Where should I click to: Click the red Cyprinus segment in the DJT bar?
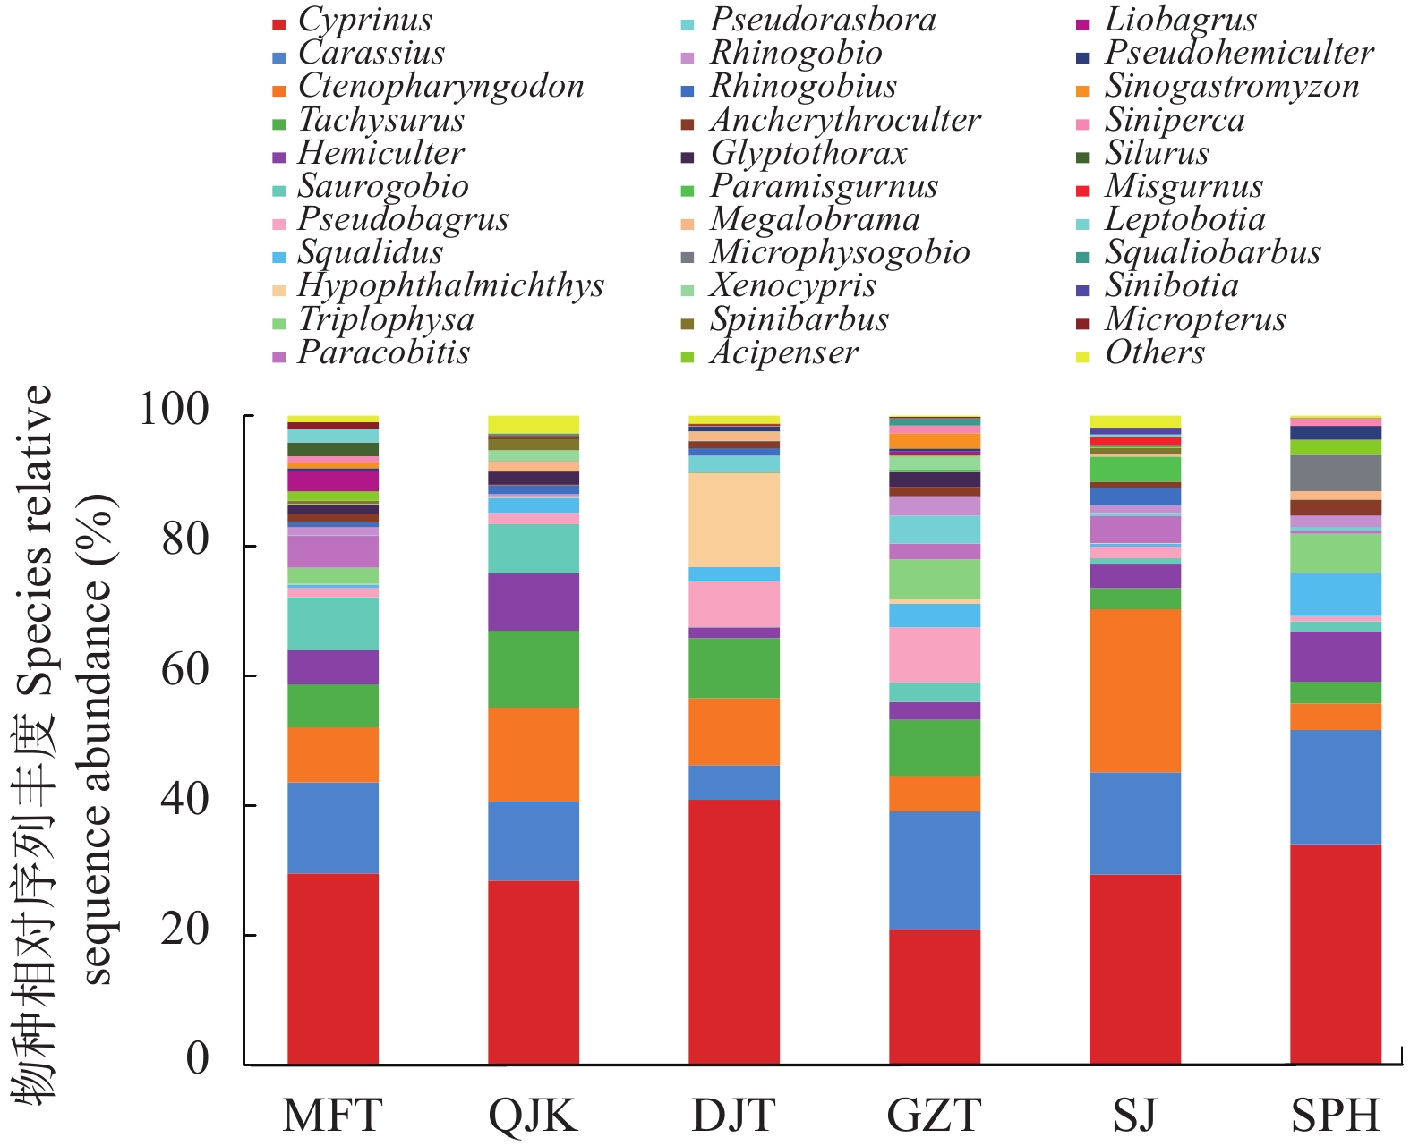[734, 931]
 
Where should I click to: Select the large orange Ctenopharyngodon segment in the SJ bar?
[1135, 691]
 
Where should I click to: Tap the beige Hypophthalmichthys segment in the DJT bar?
[734, 520]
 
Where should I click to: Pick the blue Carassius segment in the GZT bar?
[935, 870]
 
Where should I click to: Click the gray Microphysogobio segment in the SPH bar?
[1336, 473]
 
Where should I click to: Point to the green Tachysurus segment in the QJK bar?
[534, 669]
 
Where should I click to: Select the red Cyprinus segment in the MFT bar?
[333, 969]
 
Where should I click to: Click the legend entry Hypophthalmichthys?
[450, 286]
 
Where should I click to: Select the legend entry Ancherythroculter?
[845, 120]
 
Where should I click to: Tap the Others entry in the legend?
[1155, 353]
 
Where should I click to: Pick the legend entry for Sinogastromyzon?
[1232, 87]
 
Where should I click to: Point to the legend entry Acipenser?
[784, 353]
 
